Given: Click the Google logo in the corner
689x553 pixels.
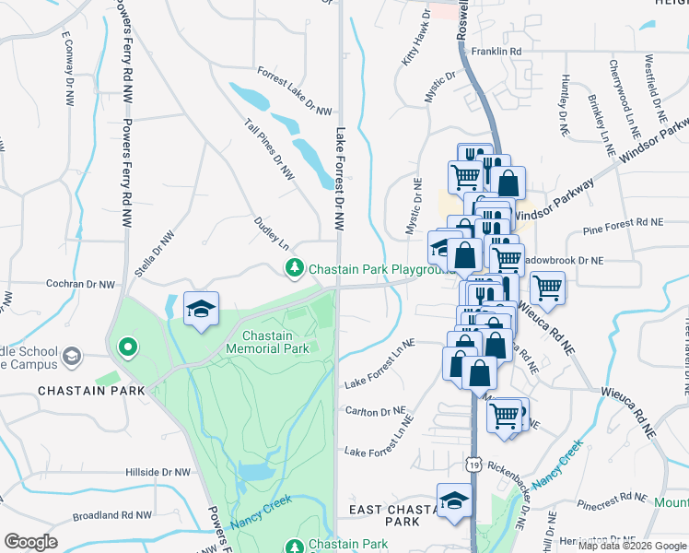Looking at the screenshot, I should pyautogui.click(x=30, y=542).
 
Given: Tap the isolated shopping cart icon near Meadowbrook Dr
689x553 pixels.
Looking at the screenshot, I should pyautogui.click(x=547, y=288).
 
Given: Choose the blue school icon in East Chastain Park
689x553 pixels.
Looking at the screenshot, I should pyautogui.click(x=453, y=501).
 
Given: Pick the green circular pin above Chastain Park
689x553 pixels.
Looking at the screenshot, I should pyautogui.click(x=128, y=347).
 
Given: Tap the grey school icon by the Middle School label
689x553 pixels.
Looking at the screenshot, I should pyautogui.click(x=72, y=355).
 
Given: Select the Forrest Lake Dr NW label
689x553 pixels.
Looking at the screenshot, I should pyautogui.click(x=294, y=91).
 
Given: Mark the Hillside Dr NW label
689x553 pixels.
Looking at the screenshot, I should pyautogui.click(x=158, y=471).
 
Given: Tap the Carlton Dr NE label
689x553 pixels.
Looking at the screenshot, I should pyautogui.click(x=374, y=411).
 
